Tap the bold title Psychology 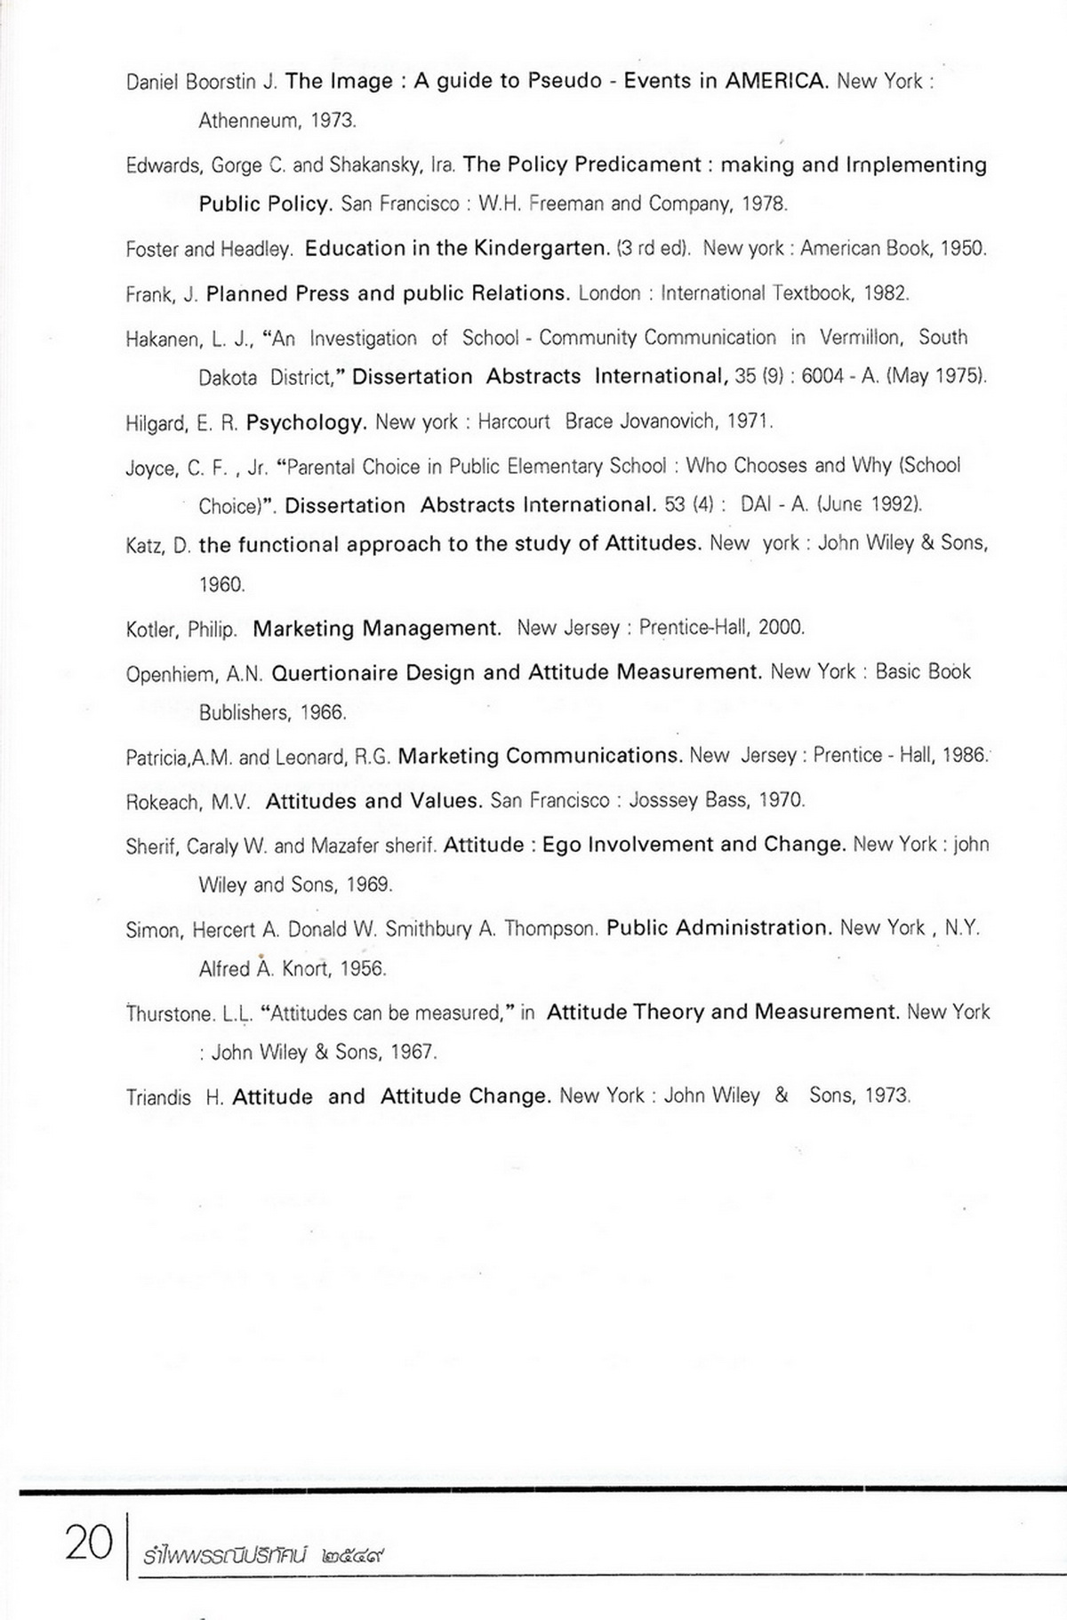click(306, 422)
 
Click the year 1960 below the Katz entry click(221, 585)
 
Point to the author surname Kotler click(151, 630)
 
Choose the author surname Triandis click(158, 1097)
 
